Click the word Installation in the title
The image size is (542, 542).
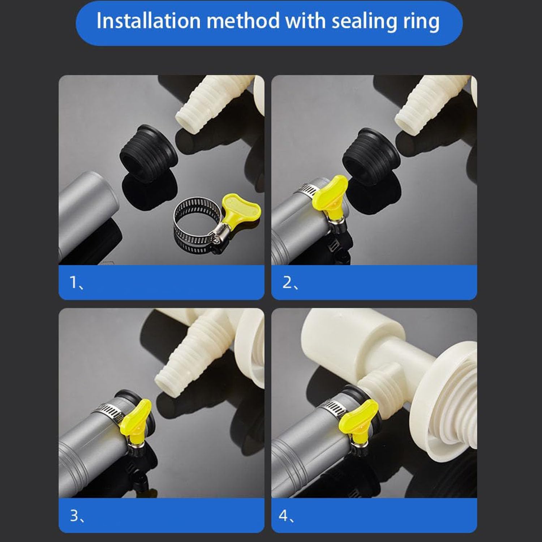(x=148, y=21)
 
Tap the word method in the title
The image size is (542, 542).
(x=243, y=21)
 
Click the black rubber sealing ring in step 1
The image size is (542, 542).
(x=148, y=154)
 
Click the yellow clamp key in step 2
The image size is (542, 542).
(x=330, y=195)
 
